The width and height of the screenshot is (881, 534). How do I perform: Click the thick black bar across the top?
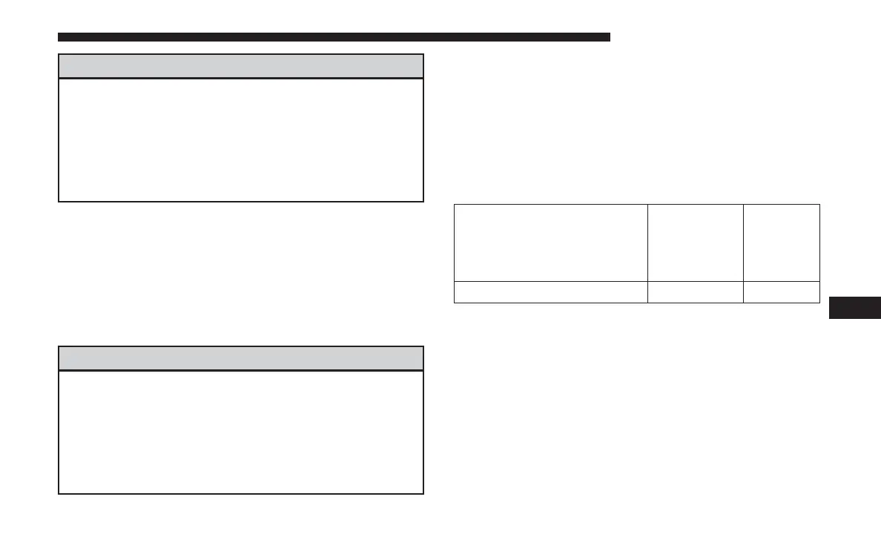tap(334, 36)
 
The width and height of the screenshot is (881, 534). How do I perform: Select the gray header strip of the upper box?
tap(241, 66)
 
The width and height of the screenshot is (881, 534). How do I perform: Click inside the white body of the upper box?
tap(241, 139)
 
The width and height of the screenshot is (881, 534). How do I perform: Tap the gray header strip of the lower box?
tap(241, 358)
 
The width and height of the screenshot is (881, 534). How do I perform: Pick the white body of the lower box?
tap(241, 432)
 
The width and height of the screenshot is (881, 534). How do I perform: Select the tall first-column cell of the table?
tap(551, 243)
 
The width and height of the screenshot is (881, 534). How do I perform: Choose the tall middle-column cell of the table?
tap(696, 243)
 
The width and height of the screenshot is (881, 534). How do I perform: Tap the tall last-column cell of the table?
tap(782, 243)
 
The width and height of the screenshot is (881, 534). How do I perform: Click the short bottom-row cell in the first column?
tap(551, 291)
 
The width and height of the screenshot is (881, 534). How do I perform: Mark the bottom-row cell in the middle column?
tap(696, 291)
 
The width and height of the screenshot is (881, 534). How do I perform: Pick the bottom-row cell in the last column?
tap(782, 291)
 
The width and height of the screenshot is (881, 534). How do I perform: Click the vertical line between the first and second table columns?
tap(648, 252)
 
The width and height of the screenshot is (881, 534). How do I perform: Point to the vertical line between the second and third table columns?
tap(743, 252)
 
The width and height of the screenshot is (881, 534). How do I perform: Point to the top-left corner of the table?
tap(454, 205)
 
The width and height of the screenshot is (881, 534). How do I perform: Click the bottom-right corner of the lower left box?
tap(423, 493)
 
